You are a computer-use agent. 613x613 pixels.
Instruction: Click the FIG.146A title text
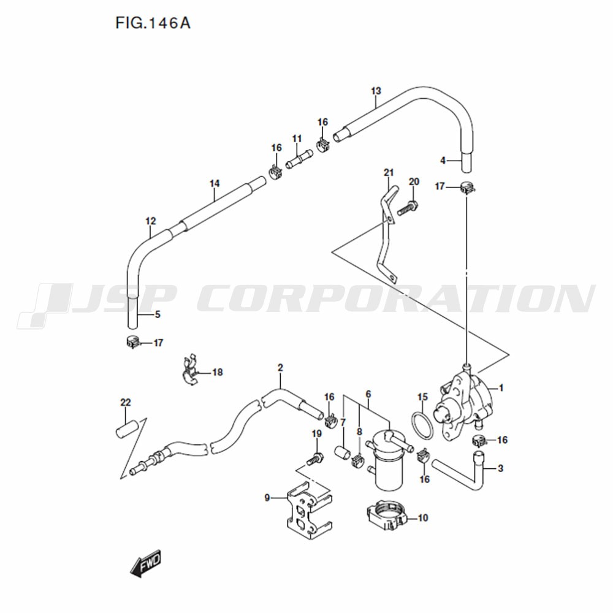(153, 23)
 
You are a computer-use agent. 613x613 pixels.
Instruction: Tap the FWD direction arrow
(146, 563)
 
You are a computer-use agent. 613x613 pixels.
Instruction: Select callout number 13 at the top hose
(376, 91)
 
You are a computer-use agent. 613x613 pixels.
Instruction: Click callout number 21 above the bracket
(389, 172)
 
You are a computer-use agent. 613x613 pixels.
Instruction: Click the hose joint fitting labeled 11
(299, 159)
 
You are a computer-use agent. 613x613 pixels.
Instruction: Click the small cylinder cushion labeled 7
(343, 453)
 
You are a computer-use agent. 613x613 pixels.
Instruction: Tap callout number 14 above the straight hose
(215, 183)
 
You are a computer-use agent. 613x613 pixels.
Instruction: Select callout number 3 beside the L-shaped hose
(500, 468)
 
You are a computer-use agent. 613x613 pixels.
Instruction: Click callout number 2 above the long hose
(280, 368)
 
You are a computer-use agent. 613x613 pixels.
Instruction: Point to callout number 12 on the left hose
(151, 221)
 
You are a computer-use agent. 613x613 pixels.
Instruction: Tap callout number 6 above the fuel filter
(368, 394)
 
